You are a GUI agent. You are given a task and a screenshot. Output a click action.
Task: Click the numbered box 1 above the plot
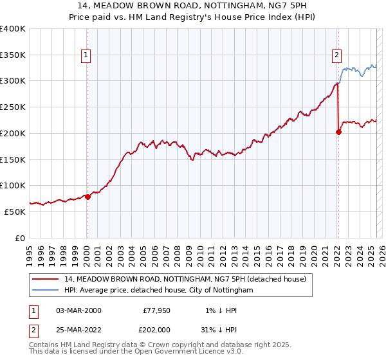86,56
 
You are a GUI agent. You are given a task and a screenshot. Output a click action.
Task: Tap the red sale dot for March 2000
88,197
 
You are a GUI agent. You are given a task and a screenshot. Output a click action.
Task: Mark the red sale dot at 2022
339,132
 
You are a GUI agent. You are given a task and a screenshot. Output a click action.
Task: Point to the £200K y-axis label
13,133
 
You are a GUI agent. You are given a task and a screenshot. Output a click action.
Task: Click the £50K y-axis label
15,212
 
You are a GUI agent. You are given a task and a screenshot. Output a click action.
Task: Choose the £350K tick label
13,55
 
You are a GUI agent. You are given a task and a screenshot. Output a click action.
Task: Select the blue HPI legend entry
159,290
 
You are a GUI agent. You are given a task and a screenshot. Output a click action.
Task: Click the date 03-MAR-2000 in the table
78,310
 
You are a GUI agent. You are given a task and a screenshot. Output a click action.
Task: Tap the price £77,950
156,310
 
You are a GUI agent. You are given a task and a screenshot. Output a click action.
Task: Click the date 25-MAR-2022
78,330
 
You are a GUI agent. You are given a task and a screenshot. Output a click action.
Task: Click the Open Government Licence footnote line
136,352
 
